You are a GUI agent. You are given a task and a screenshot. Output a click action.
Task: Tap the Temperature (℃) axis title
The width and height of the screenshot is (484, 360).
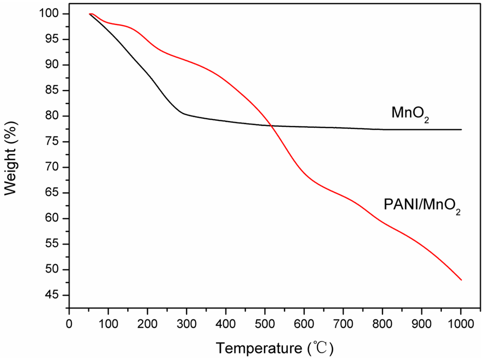click(x=275, y=348)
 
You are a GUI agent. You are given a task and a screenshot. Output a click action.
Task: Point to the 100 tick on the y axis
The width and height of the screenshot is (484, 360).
click(x=53, y=14)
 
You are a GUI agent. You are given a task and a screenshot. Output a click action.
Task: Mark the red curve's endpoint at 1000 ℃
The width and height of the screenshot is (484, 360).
click(x=461, y=280)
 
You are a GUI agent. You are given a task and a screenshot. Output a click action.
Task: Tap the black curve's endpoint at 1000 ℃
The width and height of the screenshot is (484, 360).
click(x=461, y=130)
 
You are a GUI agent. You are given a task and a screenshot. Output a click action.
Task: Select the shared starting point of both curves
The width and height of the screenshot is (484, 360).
click(x=89, y=14)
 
